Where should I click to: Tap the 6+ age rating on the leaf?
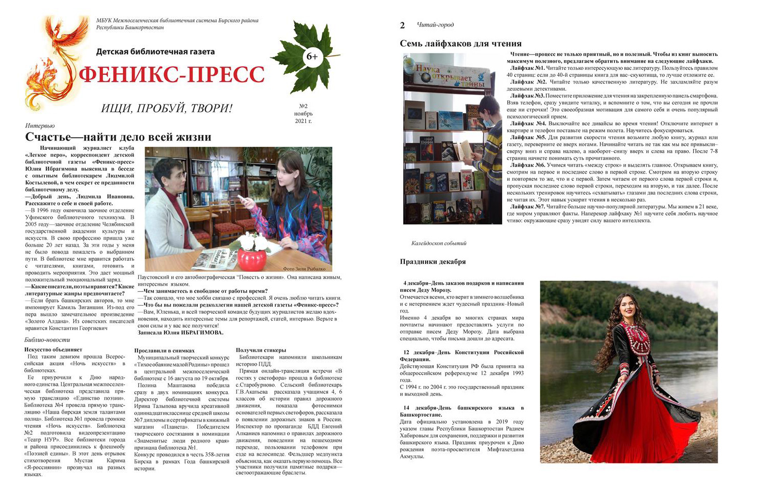(x=311, y=57)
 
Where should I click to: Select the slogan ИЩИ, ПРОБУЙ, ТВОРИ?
(x=167, y=108)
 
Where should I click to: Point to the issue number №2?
(x=303, y=106)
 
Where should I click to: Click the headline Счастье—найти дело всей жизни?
(x=118, y=137)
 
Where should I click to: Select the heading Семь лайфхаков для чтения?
(x=460, y=43)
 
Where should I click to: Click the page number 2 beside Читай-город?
(x=403, y=25)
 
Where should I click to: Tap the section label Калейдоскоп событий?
(x=438, y=243)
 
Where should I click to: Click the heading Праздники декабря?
(x=433, y=262)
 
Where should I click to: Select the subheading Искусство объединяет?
(x=54, y=349)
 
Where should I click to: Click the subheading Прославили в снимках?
(x=164, y=350)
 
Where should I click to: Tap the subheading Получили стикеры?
(x=261, y=350)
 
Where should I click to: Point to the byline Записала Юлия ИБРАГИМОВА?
(x=180, y=333)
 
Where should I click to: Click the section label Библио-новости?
(x=47, y=340)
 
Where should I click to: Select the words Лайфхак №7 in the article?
(x=528, y=207)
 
